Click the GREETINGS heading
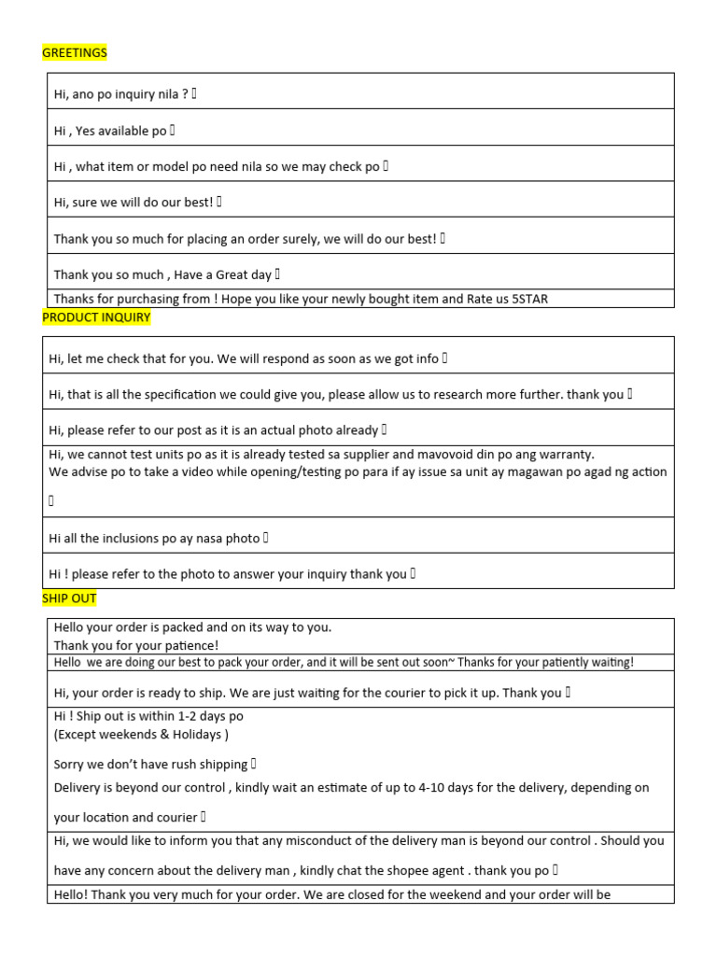(75, 53)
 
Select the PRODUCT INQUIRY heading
(96, 317)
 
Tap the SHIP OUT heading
(69, 597)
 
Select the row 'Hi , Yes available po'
(110, 131)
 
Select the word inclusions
(134, 538)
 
